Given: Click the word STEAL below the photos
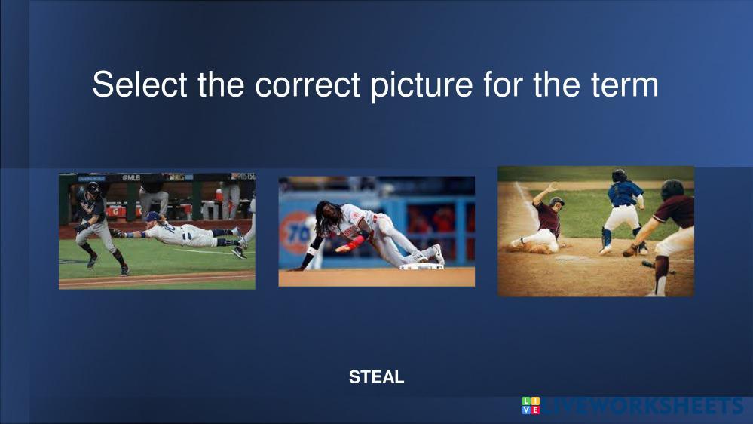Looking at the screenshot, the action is tap(377, 377).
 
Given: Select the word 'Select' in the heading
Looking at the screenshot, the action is tap(139, 84).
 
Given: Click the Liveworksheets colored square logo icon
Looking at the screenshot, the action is tap(531, 405).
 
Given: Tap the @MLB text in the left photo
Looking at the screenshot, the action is tap(130, 177).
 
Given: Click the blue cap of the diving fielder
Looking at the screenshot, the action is tap(153, 216).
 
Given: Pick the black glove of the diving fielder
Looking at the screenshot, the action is tap(116, 233).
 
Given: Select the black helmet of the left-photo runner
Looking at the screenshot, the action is tap(93, 187).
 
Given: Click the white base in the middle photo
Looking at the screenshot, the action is tap(422, 266).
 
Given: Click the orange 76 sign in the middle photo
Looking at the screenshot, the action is tap(298, 232).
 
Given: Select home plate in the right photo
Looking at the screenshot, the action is tap(571, 258).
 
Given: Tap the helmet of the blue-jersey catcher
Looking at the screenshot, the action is tap(619, 176).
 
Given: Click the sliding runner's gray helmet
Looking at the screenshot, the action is tap(557, 201).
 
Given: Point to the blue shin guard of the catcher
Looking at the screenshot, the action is tap(607, 238).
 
